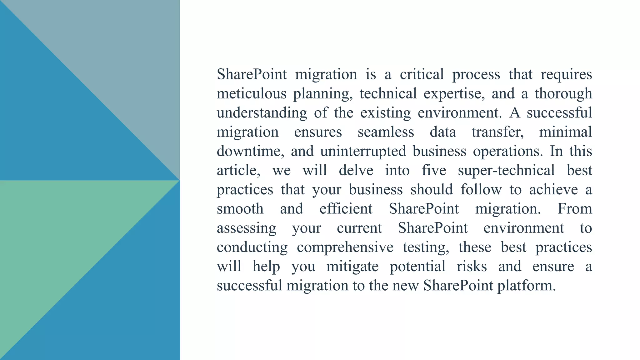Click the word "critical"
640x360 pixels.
click(x=422, y=74)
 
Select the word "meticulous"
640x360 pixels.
click(x=252, y=93)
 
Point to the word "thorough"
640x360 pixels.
click(x=563, y=93)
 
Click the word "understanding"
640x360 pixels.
click(x=262, y=113)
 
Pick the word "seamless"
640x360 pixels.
click(x=386, y=132)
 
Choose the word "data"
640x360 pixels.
click(x=443, y=132)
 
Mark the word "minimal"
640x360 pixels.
click(x=565, y=132)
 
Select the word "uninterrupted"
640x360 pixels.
click(x=363, y=151)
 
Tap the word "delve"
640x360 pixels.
click(x=356, y=170)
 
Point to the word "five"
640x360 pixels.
click(x=434, y=170)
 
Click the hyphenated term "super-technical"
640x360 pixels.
click(x=506, y=170)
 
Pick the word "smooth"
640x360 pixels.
click(x=240, y=209)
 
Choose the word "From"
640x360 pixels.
click(x=575, y=209)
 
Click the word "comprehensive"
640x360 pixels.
click(x=345, y=247)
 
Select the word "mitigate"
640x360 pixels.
click(x=352, y=267)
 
